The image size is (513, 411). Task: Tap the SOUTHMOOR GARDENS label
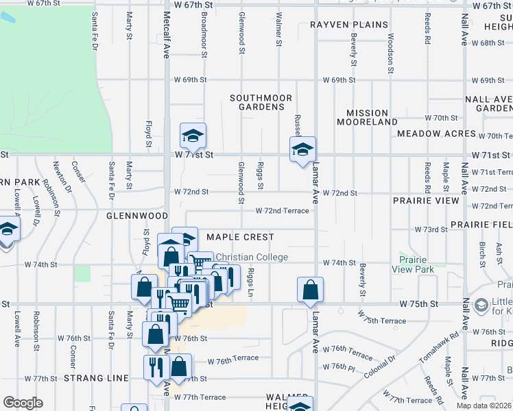tap(261, 103)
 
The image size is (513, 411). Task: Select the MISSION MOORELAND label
tap(367, 117)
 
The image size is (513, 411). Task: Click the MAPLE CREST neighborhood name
tap(240, 237)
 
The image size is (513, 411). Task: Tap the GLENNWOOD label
tap(132, 215)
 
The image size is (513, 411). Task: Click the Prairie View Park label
tap(416, 264)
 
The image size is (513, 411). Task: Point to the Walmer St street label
tap(278, 29)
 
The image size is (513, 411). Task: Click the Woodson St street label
tap(390, 53)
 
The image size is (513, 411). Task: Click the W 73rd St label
tap(431, 229)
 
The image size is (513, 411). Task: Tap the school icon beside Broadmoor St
tap(193, 136)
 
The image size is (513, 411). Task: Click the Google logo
tap(23, 403)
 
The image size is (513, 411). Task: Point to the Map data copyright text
tap(484, 406)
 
